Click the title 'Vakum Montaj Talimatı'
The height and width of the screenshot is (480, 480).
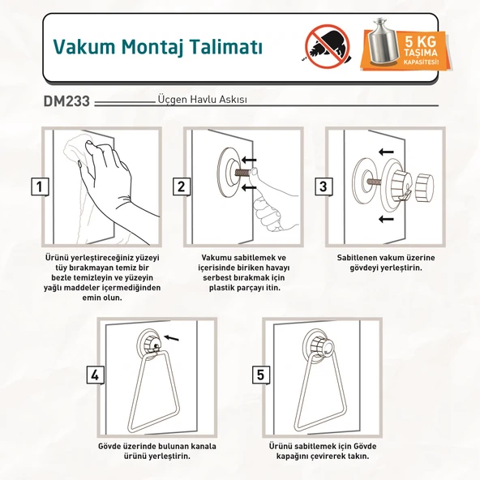157,45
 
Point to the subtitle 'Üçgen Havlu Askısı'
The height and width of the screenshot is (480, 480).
202,101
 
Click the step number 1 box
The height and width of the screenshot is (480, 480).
38,187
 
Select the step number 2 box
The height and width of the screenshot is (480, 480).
180,187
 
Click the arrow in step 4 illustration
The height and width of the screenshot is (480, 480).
170,336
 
